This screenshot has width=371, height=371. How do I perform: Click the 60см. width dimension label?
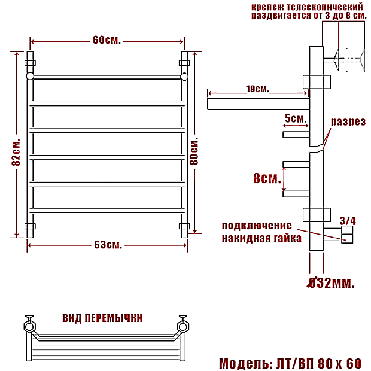[x=107, y=40]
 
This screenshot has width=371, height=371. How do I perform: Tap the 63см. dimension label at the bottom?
[x=108, y=245]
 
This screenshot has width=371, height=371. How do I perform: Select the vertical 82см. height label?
[x=16, y=151]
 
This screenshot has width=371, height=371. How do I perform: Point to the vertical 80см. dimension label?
[x=194, y=151]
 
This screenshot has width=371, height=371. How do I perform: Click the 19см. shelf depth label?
[x=257, y=89]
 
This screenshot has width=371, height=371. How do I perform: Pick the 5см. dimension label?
[x=296, y=118]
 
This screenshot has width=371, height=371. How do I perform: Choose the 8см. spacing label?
[x=267, y=178]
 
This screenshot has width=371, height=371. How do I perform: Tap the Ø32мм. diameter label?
[x=331, y=282]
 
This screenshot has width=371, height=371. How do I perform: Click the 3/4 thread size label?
[x=348, y=221]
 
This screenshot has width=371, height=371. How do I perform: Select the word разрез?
[x=348, y=122]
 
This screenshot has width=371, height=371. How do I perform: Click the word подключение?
[x=257, y=226]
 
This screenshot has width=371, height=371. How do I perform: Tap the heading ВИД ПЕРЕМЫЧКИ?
[x=102, y=318]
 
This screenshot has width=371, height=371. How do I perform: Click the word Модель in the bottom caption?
[x=245, y=363]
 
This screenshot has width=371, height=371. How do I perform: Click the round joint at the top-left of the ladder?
[x=30, y=76]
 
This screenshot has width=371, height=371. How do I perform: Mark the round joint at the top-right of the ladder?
[x=184, y=77]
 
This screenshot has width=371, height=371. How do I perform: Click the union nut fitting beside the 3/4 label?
[x=347, y=234]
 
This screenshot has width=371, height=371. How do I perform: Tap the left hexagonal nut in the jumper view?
[x=30, y=326]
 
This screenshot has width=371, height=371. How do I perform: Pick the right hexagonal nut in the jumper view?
[x=183, y=326]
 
